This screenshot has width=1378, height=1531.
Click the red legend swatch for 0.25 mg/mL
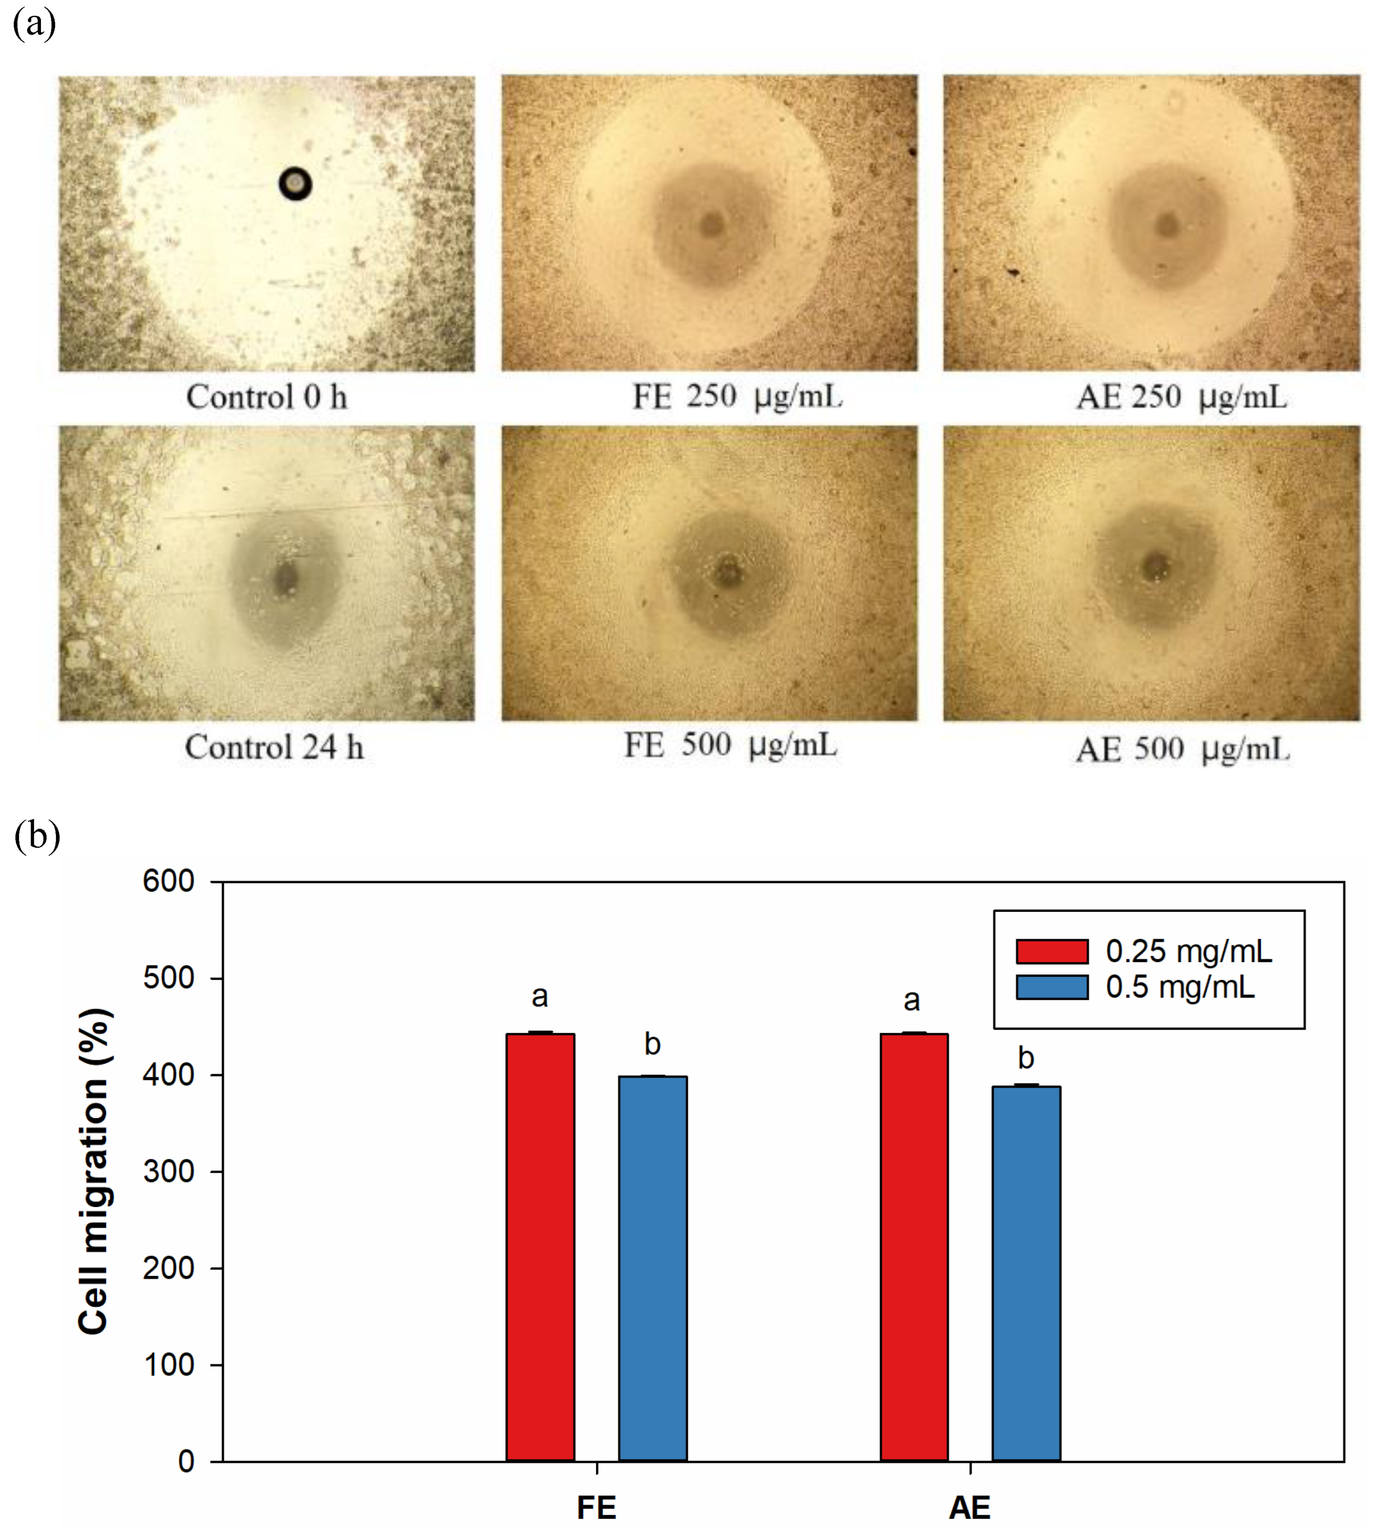1052,952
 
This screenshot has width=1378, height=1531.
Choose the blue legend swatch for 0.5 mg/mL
1052,987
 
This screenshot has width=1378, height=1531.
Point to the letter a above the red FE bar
540,997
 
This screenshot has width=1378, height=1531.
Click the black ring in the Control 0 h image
296,183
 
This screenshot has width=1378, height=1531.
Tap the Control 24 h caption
274,747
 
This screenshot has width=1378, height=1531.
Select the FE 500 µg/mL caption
731,745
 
